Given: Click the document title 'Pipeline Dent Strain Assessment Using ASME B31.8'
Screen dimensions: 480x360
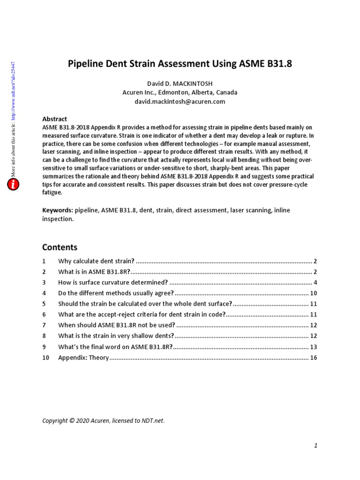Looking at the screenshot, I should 180,64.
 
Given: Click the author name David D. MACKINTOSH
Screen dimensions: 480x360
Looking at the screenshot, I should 180,83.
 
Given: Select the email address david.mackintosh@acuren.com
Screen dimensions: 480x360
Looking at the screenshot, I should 180,101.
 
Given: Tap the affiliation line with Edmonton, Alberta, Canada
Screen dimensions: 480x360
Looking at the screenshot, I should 180,92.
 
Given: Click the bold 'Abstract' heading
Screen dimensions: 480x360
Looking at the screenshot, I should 54,119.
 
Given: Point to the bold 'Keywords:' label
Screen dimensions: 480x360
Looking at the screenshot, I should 58,210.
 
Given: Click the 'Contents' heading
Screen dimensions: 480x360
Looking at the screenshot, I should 60,247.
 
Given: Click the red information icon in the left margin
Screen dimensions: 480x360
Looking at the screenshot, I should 14,185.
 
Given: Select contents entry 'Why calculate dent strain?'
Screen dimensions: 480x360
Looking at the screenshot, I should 96,261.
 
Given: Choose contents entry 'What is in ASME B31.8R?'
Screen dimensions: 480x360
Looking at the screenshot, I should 94,272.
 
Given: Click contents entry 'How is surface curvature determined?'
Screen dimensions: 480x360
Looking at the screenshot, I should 112,283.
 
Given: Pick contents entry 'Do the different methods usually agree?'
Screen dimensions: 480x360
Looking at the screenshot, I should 116,293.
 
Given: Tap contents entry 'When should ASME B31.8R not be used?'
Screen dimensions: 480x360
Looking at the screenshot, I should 117,325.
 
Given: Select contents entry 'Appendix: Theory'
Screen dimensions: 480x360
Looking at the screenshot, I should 83,358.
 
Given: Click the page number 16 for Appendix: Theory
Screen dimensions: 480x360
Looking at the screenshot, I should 314,358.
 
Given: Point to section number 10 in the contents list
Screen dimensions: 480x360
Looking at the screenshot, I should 45,358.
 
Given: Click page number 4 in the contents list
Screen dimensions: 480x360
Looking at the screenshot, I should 315,283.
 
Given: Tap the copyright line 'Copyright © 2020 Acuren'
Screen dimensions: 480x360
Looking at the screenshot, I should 103,420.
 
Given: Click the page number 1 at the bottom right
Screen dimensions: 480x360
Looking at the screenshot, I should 316,446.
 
